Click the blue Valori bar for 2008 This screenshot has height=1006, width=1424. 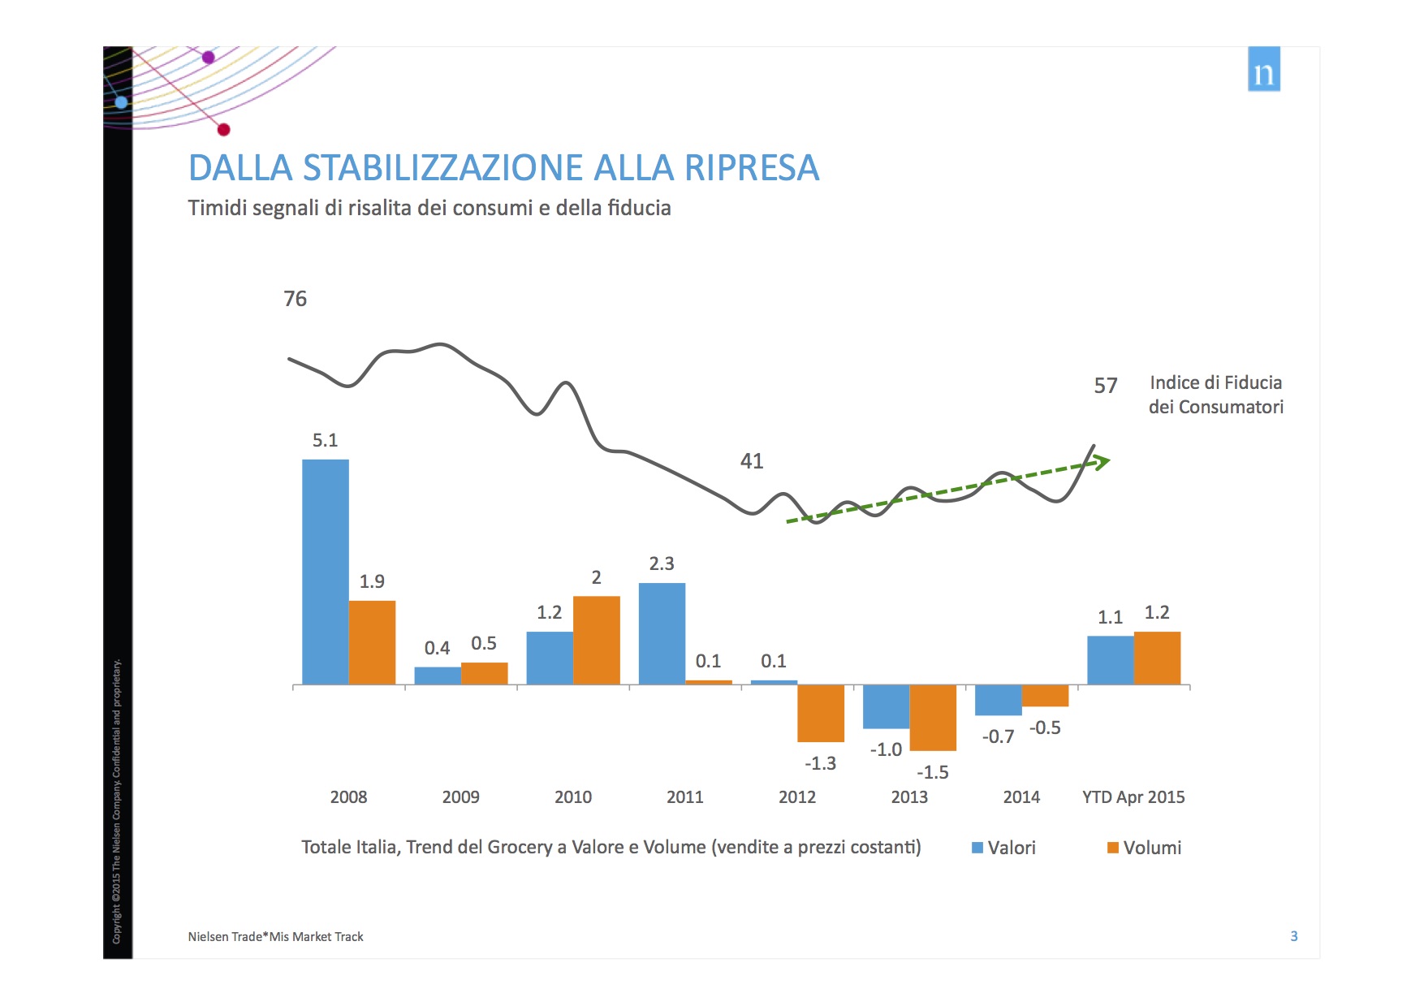tap(325, 572)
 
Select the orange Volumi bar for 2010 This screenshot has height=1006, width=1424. tap(596, 640)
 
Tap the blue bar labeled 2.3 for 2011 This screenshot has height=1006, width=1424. tap(662, 633)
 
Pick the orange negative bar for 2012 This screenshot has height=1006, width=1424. tap(820, 713)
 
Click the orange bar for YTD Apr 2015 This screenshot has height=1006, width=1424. tap(1157, 658)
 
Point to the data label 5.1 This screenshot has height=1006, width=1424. tap(325, 440)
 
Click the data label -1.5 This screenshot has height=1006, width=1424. tap(932, 772)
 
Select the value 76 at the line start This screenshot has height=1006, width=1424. tap(295, 299)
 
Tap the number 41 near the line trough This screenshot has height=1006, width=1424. tap(752, 461)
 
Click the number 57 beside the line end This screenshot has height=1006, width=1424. tap(1105, 386)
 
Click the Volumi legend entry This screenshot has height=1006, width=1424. tap(1144, 848)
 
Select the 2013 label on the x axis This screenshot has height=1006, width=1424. tap(908, 797)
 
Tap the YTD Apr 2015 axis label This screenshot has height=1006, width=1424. tap(1133, 797)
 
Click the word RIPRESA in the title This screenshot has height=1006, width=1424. tap(751, 168)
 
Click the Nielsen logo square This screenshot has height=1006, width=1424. tap(1263, 69)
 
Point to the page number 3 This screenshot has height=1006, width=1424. tap(1293, 936)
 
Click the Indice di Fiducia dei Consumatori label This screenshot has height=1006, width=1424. tap(1215, 395)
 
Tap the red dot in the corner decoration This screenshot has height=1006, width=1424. tap(224, 130)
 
